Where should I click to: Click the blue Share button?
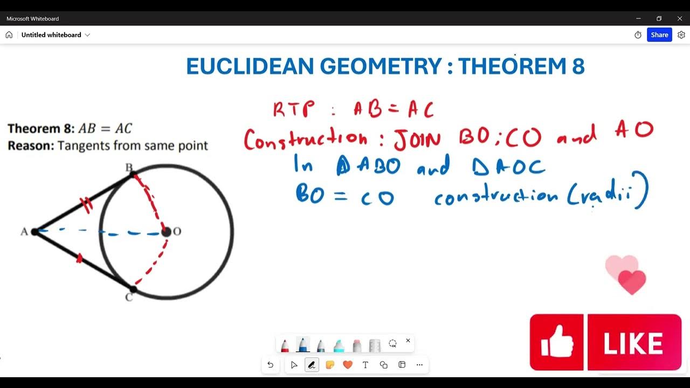tap(659, 34)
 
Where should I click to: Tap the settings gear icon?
tap(681, 34)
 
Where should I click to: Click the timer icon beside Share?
tap(638, 34)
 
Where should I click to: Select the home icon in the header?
tap(9, 34)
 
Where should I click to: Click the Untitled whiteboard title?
tap(51, 34)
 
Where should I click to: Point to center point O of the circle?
tap(166, 232)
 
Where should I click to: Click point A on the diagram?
tap(35, 232)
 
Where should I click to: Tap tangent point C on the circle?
tap(133, 289)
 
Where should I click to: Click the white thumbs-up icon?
tap(557, 342)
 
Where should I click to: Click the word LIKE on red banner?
tap(633, 343)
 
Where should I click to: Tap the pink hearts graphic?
tap(626, 274)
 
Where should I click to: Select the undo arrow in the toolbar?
tap(271, 365)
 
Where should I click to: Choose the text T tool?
tap(365, 365)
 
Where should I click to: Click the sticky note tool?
tap(330, 365)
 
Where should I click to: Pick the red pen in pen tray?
tap(285, 345)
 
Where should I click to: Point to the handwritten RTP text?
tap(293, 109)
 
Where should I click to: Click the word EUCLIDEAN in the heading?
tap(250, 66)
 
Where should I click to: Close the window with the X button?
tap(679, 18)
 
